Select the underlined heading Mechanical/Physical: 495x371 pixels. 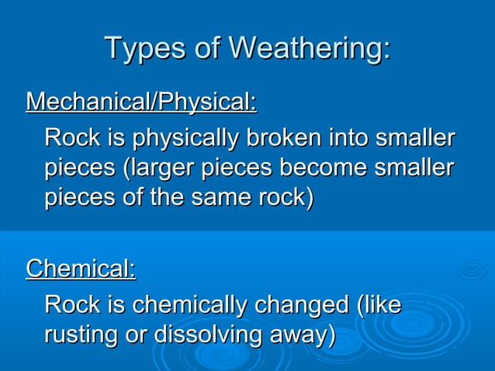141,102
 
